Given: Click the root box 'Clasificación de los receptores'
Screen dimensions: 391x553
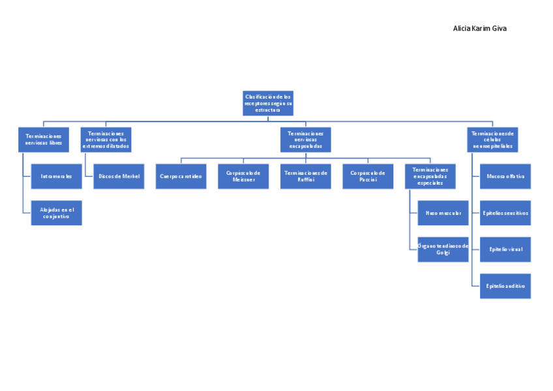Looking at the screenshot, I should [x=268, y=103].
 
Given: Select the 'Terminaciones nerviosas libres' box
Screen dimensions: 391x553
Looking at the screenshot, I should [x=44, y=140].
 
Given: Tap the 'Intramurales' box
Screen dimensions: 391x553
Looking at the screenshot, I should [x=56, y=176].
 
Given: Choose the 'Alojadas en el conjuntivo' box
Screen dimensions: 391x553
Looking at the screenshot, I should [x=56, y=213].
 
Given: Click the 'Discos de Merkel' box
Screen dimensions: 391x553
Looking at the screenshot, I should [x=119, y=176].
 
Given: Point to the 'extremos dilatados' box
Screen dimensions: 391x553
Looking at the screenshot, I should [x=106, y=140].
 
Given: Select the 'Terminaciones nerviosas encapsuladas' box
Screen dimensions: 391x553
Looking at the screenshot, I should [x=305, y=140].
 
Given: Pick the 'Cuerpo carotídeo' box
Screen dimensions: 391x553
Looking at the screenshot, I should [x=181, y=176].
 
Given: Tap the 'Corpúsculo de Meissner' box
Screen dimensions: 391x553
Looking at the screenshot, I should [x=243, y=176].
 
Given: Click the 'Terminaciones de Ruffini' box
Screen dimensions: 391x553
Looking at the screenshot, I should [x=305, y=176].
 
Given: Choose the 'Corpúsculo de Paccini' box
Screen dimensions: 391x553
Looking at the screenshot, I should [x=368, y=176].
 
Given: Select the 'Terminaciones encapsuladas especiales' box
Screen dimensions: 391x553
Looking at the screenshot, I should [x=430, y=176].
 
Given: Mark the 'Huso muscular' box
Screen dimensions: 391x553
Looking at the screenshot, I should [x=443, y=213].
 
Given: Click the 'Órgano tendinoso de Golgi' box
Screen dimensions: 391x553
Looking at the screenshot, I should [x=443, y=249].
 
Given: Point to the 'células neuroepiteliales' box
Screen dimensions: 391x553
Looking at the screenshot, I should [x=492, y=140].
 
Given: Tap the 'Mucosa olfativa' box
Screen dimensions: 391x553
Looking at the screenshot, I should [x=505, y=176].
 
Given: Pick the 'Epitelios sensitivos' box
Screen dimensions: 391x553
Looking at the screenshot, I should [x=505, y=213].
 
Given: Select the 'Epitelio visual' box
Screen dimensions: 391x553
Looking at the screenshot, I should [x=505, y=249].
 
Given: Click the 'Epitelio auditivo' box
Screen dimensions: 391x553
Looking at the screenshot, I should [x=505, y=286].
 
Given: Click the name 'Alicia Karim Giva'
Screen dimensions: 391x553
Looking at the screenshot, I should [x=479, y=29].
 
